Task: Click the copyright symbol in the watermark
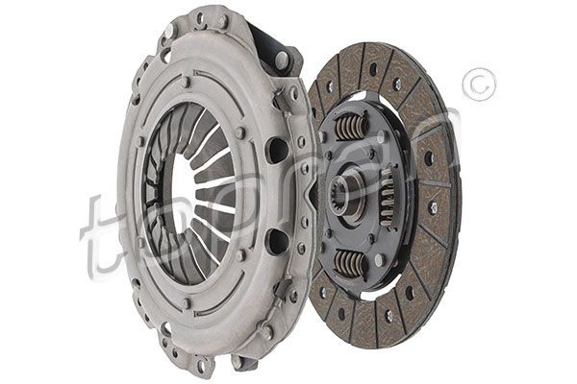click(480, 84)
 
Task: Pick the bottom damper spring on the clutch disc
click(350, 263)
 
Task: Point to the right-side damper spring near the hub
click(387, 197)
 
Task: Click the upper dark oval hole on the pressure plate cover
click(276, 151)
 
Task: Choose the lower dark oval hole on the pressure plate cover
click(276, 241)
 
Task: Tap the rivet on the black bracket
click(282, 58)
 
